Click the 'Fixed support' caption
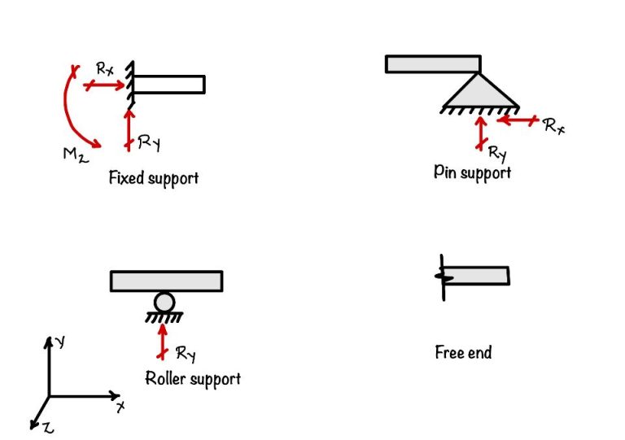pyautogui.click(x=153, y=177)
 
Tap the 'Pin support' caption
pyautogui.click(x=472, y=172)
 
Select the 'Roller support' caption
pyautogui.click(x=192, y=378)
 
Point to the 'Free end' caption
pyautogui.click(x=463, y=352)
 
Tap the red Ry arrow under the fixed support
pyautogui.click(x=128, y=130)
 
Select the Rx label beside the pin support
pyautogui.click(x=553, y=126)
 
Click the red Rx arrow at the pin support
pyautogui.click(x=516, y=120)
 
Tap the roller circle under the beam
pyautogui.click(x=164, y=303)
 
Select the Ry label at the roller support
pyautogui.click(x=186, y=354)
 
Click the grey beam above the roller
pyautogui.click(x=166, y=281)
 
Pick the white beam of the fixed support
pyautogui.click(x=168, y=84)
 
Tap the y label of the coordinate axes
pyautogui.click(x=61, y=342)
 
